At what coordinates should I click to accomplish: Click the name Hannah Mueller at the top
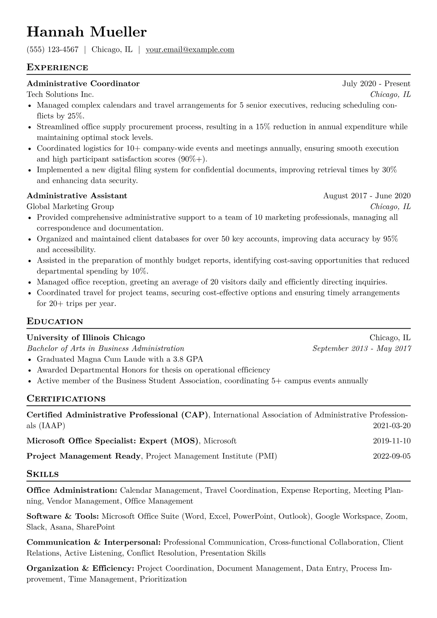[x=87, y=32]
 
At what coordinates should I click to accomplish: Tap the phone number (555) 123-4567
[x=53, y=50]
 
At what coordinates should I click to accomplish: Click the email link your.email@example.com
[x=190, y=50]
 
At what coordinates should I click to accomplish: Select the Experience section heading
[x=57, y=68]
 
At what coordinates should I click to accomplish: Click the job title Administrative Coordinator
[x=83, y=84]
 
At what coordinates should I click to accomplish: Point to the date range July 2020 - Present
[x=376, y=84]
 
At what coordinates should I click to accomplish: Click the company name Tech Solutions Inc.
[x=60, y=95]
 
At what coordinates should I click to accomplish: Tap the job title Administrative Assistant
[x=77, y=196]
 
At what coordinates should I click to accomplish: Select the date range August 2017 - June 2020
[x=366, y=196]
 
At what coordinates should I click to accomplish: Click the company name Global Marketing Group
[x=70, y=207]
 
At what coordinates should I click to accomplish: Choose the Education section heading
[x=55, y=322]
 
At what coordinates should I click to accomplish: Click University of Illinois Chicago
[x=86, y=338]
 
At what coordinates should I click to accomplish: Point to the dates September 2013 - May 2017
[x=361, y=348]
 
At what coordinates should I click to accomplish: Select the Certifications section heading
[x=66, y=399]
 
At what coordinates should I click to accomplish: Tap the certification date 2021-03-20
[x=391, y=426]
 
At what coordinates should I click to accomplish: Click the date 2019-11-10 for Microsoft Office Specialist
[x=391, y=441]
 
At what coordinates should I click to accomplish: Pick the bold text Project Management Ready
[x=84, y=456]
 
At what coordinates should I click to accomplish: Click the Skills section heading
[x=43, y=474]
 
